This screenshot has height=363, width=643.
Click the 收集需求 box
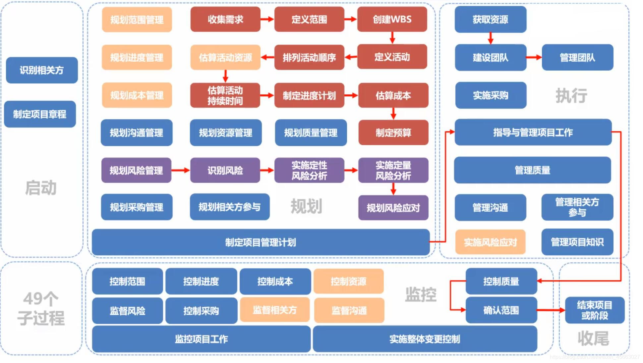pyautogui.click(x=225, y=20)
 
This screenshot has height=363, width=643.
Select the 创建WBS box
pyautogui.click(x=392, y=20)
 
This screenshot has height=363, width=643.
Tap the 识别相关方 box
pyautogui.click(x=42, y=70)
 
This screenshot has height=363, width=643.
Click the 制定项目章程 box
pyautogui.click(x=40, y=114)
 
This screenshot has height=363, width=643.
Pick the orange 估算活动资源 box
pyautogui.click(x=225, y=58)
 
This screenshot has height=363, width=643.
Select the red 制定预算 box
pyautogui.click(x=393, y=133)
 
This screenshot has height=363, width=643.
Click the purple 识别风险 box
pyautogui.click(x=225, y=171)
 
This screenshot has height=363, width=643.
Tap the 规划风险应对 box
pyautogui.click(x=393, y=208)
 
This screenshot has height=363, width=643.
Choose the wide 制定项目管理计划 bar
pyautogui.click(x=261, y=242)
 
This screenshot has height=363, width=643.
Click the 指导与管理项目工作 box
pyautogui.click(x=533, y=132)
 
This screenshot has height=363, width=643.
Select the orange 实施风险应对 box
pyautogui.click(x=490, y=242)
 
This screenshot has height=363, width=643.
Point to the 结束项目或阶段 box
pyautogui.click(x=594, y=310)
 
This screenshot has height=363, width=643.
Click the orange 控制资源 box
pyautogui.click(x=348, y=282)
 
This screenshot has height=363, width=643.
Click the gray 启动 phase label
pyautogui.click(x=41, y=188)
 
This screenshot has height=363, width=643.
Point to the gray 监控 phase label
pyautogui.click(x=421, y=294)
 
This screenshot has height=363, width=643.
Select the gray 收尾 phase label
pyautogui.click(x=593, y=338)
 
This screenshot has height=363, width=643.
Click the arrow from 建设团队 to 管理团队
pyautogui.click(x=534, y=58)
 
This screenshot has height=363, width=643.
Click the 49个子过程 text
pyautogui.click(x=41, y=308)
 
